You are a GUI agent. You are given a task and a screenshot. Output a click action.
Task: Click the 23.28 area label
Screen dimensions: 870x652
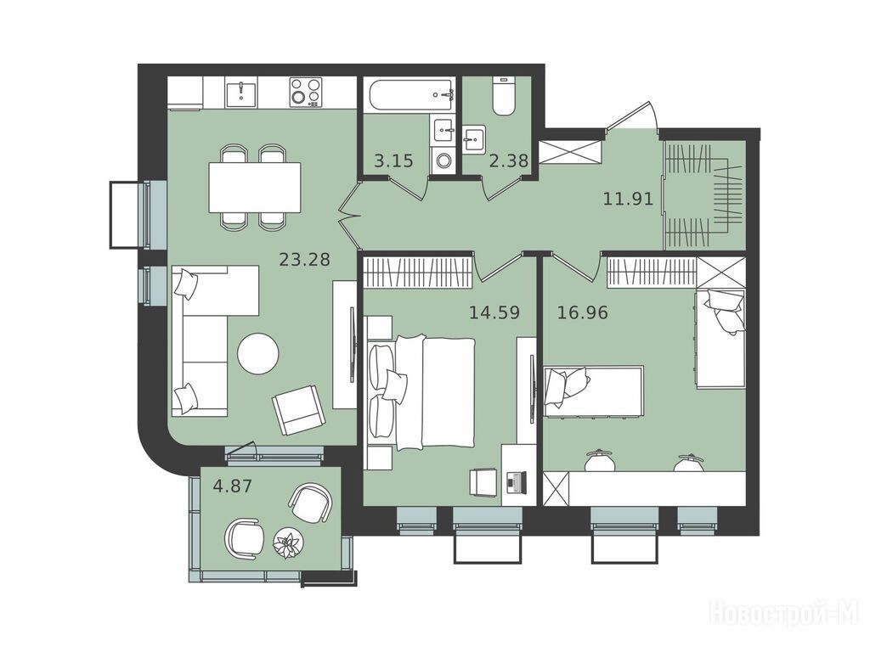(305, 260)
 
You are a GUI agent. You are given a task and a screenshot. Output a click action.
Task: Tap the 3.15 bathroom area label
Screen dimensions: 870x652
(393, 161)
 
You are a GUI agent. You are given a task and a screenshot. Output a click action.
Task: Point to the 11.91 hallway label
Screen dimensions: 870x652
(628, 199)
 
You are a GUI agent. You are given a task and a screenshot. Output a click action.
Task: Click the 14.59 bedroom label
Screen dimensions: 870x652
(494, 312)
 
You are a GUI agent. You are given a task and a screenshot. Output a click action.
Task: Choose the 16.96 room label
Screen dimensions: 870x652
(583, 312)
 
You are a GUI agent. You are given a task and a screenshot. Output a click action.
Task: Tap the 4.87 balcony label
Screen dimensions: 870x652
(233, 486)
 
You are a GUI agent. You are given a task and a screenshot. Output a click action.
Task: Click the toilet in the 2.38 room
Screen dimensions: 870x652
(504, 96)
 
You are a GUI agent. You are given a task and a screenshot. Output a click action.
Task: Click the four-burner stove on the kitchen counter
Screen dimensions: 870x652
(306, 92)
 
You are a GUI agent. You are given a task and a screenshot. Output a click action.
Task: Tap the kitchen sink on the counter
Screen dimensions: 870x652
(241, 93)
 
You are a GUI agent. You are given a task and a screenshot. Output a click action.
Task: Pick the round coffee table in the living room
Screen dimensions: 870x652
(258, 353)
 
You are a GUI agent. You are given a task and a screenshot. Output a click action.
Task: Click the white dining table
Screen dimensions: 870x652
(255, 188)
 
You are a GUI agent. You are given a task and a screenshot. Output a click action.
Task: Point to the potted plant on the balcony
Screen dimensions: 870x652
(289, 542)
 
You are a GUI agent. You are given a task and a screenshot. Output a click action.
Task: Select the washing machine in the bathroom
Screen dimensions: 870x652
(443, 160)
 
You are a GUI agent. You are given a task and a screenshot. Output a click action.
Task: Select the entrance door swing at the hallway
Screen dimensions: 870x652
(632, 115)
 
